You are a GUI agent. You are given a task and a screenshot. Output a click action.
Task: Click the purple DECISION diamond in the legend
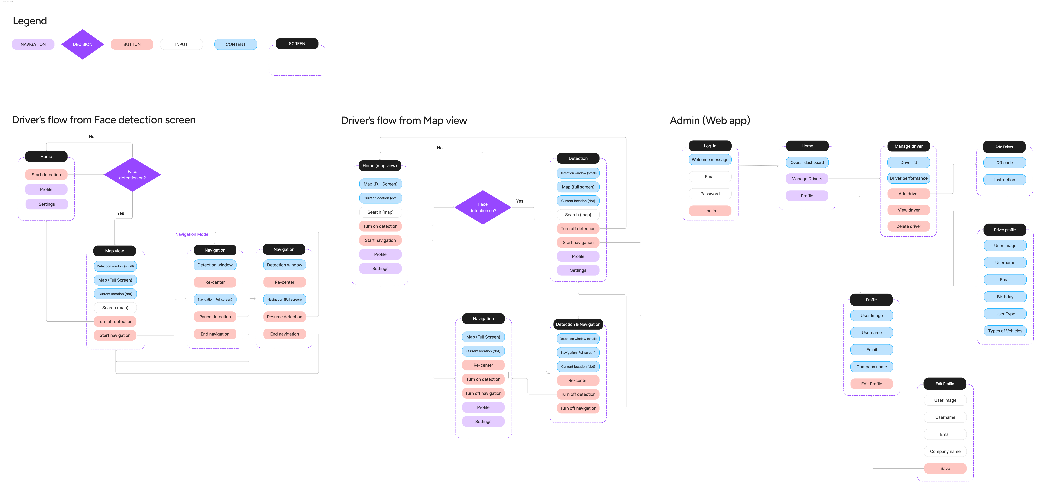(83, 44)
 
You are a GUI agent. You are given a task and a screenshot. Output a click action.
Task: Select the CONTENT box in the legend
(235, 44)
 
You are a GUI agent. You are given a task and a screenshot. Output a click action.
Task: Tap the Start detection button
(46, 175)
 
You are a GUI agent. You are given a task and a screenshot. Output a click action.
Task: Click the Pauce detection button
(215, 317)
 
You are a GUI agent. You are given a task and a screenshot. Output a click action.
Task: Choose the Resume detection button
(284, 317)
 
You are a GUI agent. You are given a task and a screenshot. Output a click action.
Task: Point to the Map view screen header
(114, 251)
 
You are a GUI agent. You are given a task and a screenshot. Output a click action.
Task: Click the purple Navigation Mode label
(192, 234)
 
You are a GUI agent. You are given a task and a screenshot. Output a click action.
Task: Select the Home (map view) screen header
(380, 165)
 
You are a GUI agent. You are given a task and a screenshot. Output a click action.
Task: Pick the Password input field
(710, 194)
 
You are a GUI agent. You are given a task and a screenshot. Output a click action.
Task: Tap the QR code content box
(1004, 163)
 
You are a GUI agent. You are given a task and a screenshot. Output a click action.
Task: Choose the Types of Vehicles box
(1005, 331)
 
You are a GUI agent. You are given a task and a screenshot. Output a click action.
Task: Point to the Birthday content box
(1005, 297)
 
